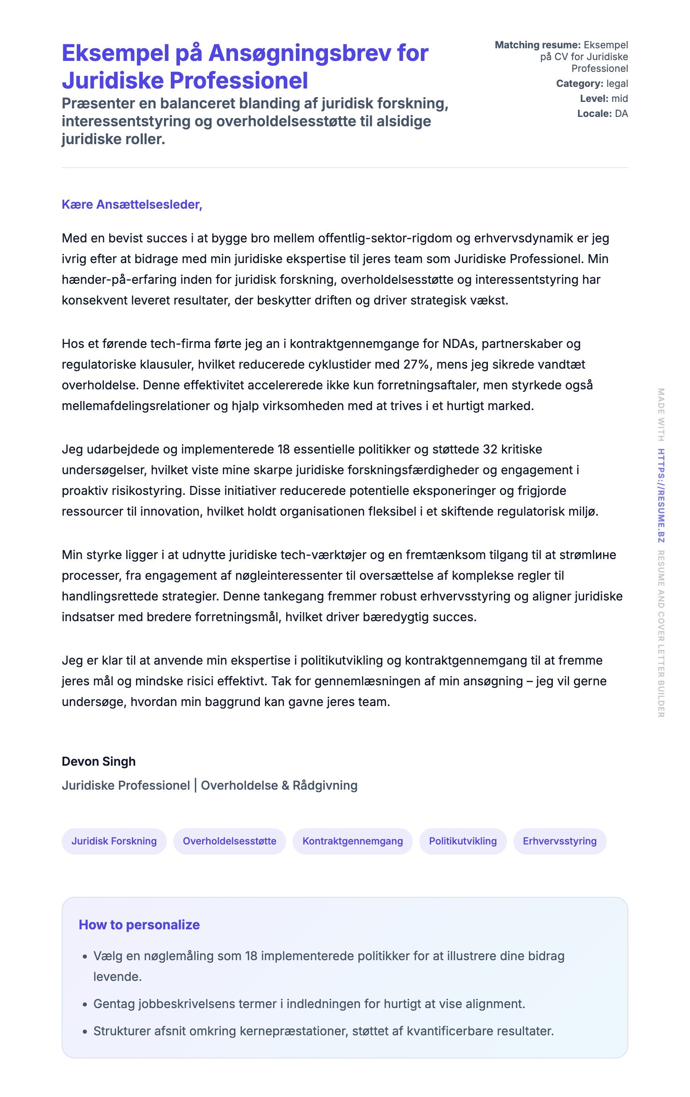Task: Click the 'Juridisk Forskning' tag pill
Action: [x=114, y=841]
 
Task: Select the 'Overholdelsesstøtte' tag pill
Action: [x=230, y=841]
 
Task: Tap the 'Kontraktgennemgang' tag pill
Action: [x=353, y=841]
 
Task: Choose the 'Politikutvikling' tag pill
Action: [x=463, y=841]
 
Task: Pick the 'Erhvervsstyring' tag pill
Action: [x=559, y=841]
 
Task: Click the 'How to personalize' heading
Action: [x=139, y=924]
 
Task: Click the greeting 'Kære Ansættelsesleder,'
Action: [x=132, y=205]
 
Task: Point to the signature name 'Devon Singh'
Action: [x=99, y=761]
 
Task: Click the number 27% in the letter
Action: [x=416, y=365]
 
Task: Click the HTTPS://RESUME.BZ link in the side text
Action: [x=661, y=496]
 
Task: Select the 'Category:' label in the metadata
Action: [x=579, y=83]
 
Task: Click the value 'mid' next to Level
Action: [x=619, y=98]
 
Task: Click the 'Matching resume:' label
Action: [x=537, y=45]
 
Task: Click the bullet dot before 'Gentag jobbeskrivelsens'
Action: [x=85, y=1004]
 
